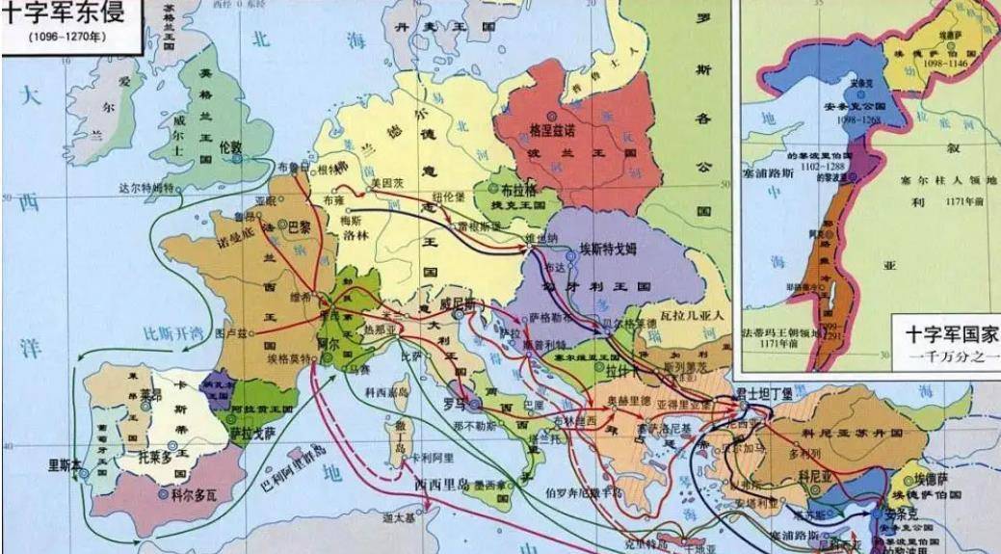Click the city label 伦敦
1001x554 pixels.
pos(230,147)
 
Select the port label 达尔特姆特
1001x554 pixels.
pos(145,187)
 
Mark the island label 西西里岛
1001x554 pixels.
pos(440,484)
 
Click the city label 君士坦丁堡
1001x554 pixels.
pos(764,393)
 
